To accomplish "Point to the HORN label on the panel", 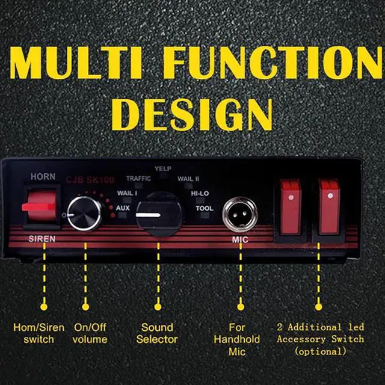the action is coord(43,177).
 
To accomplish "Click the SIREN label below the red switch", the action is coord(42,239).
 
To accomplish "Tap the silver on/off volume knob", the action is coord(84,211).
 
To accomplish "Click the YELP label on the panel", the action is coord(162,168).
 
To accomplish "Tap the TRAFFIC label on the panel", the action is coord(138,179).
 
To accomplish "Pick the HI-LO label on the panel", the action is coord(200,193).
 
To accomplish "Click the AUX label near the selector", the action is coord(123,208).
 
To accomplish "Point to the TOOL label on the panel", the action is coord(204,208).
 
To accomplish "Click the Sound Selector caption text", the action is coord(157,333).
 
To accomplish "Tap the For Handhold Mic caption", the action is coord(237,339).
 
